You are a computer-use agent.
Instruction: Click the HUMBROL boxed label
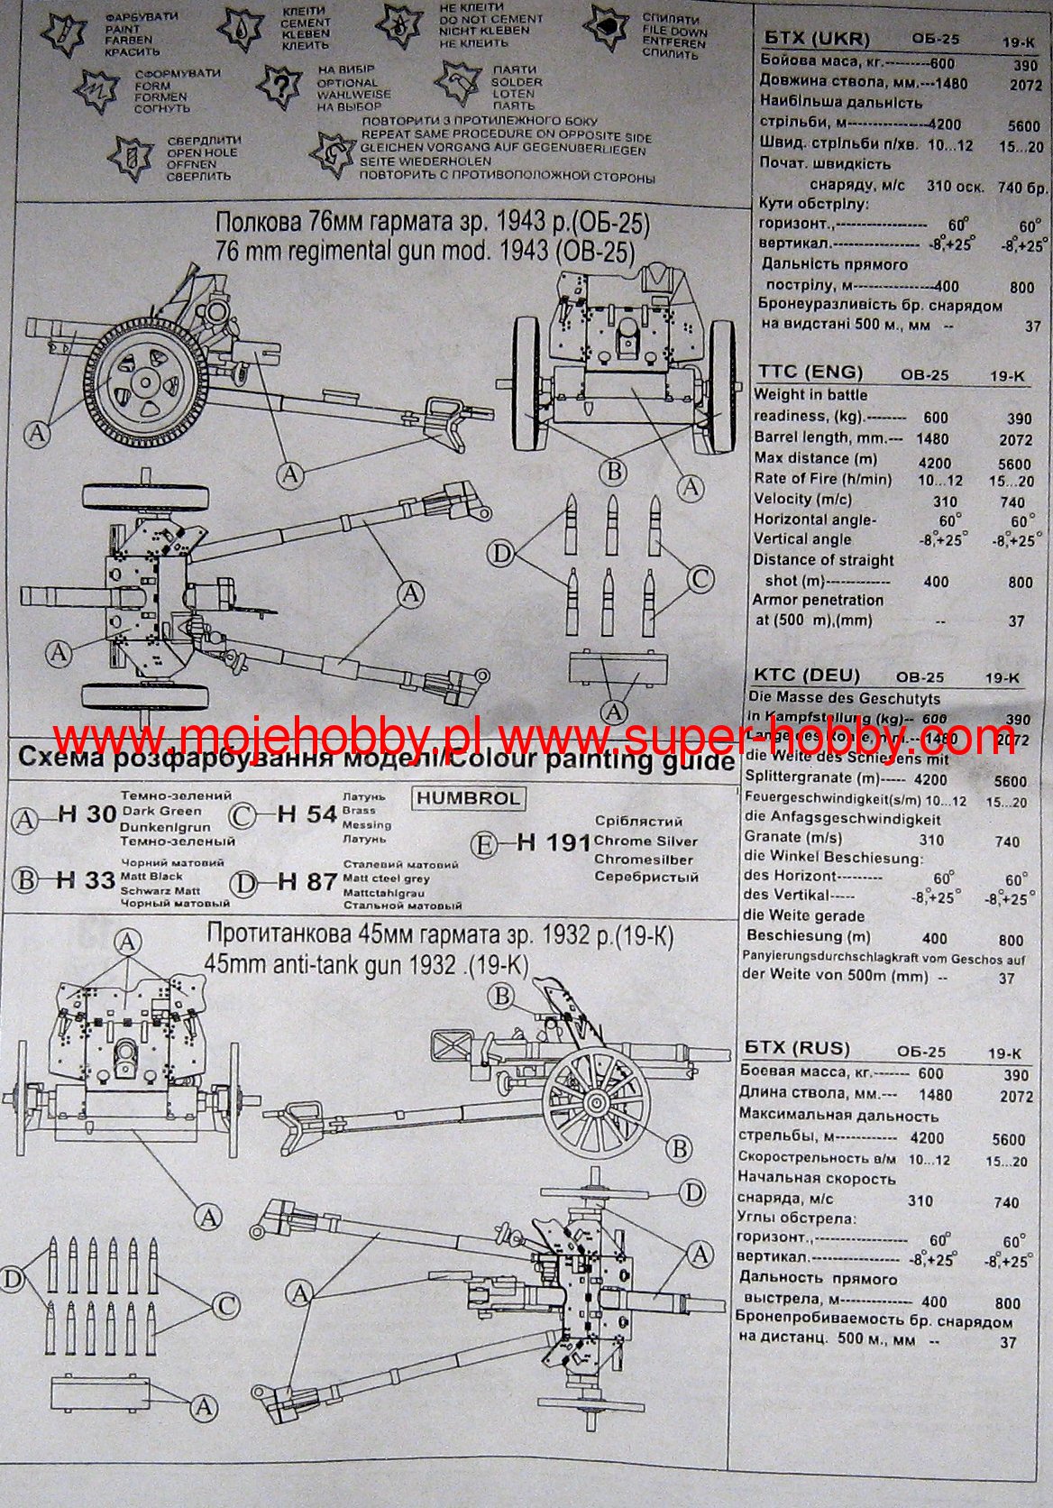[x=469, y=798]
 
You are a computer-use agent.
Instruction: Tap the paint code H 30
[x=87, y=814]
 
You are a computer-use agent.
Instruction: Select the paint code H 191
[x=554, y=842]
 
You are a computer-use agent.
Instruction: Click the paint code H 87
[x=307, y=881]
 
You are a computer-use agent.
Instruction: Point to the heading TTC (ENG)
[x=810, y=372]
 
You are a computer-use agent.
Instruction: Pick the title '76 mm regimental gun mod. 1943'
[x=425, y=251]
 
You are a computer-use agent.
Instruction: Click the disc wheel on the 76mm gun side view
[x=142, y=383]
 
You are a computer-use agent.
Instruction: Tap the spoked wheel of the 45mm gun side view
[x=596, y=1102]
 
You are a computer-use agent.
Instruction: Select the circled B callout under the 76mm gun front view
[x=613, y=471]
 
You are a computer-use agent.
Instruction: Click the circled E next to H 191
[x=485, y=845]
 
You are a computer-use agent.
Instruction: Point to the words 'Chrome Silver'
[x=646, y=841]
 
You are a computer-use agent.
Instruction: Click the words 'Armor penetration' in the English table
[x=818, y=600]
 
